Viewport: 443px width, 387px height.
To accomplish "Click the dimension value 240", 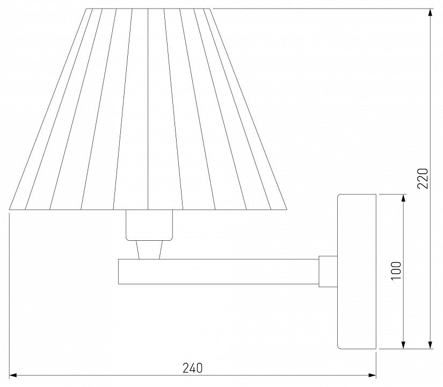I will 192,368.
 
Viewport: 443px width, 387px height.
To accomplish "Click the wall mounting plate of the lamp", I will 357,271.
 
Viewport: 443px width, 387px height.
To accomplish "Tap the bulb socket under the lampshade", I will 149,225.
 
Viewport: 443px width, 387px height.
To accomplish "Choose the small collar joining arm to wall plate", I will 328,271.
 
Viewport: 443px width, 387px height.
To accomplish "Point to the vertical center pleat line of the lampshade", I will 148,107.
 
